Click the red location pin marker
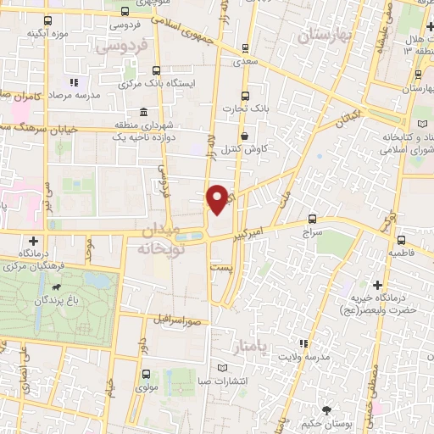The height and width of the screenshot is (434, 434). click(x=220, y=198)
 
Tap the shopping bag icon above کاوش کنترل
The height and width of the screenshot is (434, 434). click(x=245, y=136)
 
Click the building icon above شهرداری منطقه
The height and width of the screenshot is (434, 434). click(x=142, y=113)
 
